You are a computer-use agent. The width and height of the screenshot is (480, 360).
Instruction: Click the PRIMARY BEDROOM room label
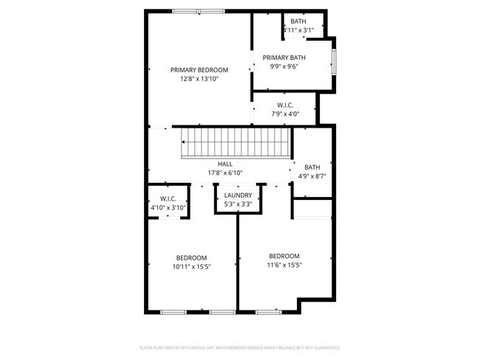coord(199,70)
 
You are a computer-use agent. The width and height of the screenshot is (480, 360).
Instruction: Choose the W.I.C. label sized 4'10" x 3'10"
coord(168,198)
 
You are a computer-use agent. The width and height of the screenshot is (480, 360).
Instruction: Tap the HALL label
coord(225,164)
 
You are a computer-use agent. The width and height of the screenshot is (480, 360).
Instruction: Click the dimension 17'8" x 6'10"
coord(225,173)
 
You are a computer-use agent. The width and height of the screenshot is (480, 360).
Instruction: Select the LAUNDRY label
coord(239,195)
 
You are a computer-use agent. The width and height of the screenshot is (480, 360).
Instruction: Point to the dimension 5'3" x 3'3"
coord(239,204)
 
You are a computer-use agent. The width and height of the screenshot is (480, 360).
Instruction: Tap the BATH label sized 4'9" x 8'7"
coord(312,167)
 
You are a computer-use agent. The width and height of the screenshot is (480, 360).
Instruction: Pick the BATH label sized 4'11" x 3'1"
coord(298,21)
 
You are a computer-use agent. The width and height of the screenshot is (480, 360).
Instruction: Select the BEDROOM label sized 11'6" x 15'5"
coord(284,256)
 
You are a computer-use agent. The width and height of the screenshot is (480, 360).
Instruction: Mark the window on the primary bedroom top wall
coord(199,10)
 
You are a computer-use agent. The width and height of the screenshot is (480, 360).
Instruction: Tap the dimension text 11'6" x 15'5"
coord(284,265)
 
